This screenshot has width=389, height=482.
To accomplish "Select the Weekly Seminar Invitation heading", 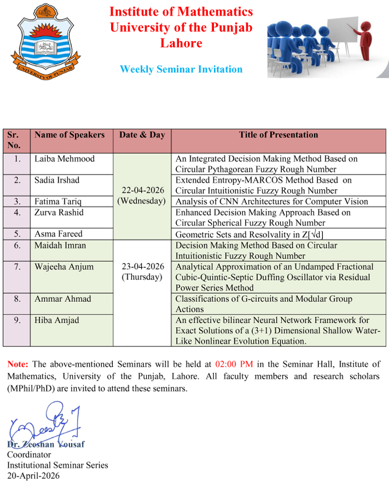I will click(181, 70).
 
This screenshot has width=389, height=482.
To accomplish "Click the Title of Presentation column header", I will click(278, 135).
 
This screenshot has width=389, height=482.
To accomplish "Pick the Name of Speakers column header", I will click(69, 135).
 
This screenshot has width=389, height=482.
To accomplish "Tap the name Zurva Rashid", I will click(59, 213).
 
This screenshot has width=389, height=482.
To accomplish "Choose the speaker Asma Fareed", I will click(59, 234).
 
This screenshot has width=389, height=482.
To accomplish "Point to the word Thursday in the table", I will click(142, 277).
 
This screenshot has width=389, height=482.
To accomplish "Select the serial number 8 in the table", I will click(17, 299).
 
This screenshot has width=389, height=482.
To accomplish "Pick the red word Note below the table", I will click(18, 365).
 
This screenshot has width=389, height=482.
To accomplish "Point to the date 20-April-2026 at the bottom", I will click(33, 476).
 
